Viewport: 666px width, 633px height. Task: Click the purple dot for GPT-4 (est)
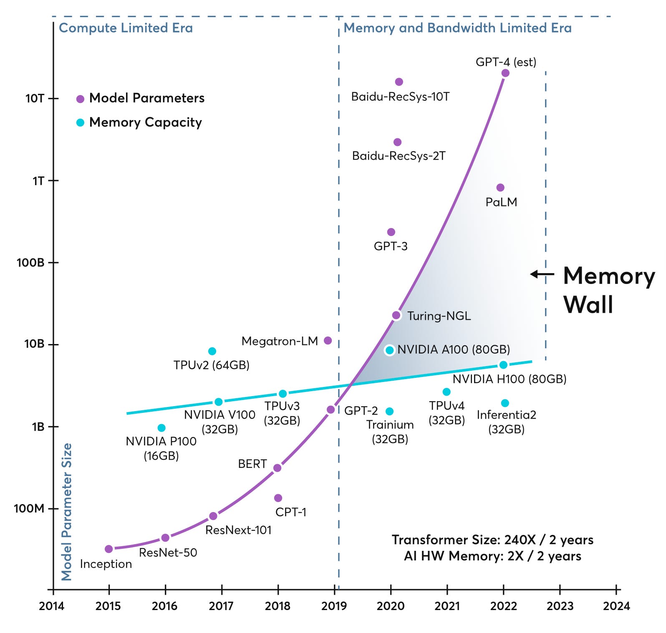[505, 73]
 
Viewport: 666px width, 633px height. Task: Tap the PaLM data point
[500, 188]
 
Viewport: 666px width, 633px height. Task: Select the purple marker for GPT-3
[391, 232]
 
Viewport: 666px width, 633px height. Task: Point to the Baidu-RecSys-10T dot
[399, 82]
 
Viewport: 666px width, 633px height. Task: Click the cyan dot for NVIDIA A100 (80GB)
[390, 350]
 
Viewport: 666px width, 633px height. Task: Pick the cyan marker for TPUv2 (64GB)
[212, 351]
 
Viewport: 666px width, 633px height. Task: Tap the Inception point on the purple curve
[109, 549]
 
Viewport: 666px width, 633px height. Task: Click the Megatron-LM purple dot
[328, 341]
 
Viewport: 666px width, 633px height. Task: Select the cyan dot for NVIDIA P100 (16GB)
[161, 428]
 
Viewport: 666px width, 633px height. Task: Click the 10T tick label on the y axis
[35, 99]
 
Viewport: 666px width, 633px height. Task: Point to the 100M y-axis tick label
[29, 509]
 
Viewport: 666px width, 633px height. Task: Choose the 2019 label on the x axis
[334, 606]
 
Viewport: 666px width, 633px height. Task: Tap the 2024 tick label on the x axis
[616, 606]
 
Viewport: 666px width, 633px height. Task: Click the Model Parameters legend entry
[146, 98]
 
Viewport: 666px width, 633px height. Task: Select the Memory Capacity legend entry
[145, 122]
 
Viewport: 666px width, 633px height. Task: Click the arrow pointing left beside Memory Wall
[542, 274]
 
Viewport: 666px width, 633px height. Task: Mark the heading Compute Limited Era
[126, 28]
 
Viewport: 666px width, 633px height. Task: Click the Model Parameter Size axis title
[67, 512]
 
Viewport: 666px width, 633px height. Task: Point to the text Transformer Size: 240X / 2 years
[492, 540]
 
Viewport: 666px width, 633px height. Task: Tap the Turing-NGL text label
[439, 316]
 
